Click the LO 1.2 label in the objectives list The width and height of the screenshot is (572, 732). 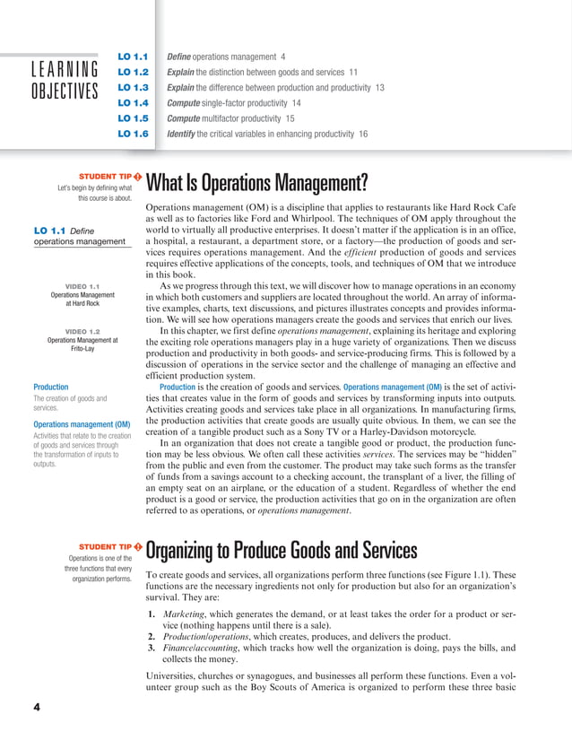[x=133, y=72]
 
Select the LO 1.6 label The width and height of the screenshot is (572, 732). [x=133, y=134]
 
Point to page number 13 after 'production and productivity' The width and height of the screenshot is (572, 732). [x=379, y=87]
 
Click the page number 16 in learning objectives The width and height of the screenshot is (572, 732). [x=362, y=134]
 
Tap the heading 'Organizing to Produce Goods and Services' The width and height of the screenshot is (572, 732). [x=281, y=550]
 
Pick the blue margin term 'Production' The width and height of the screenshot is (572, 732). [x=51, y=388]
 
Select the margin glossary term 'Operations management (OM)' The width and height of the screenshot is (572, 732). [x=81, y=424]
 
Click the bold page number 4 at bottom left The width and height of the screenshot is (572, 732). [x=37, y=707]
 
